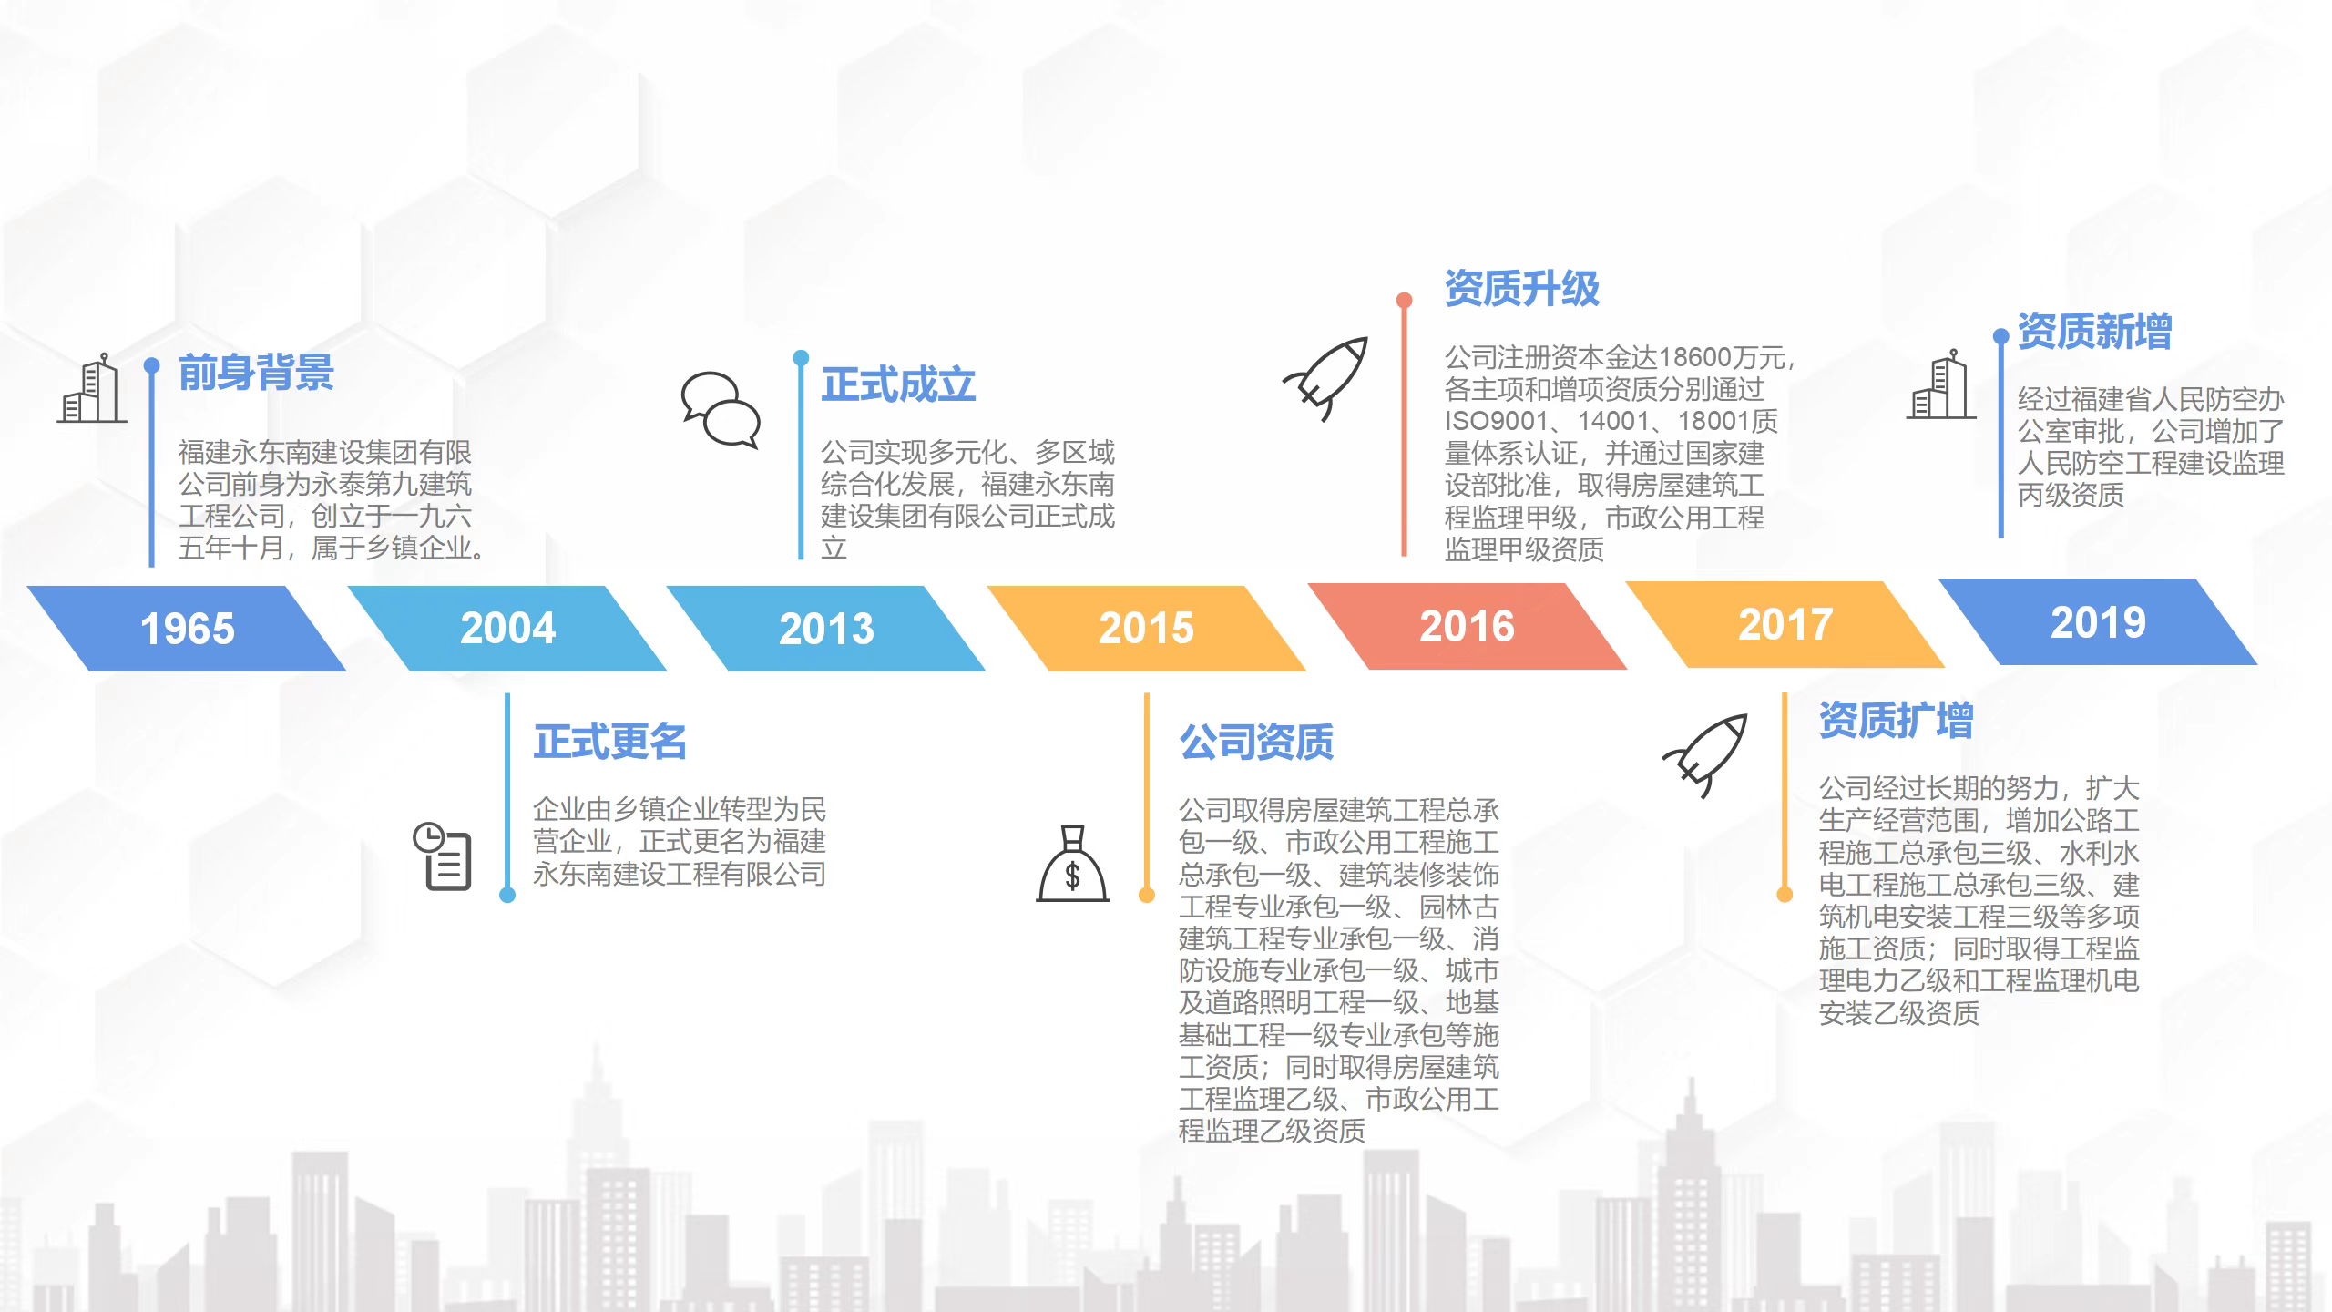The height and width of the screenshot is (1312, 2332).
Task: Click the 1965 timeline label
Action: (x=188, y=629)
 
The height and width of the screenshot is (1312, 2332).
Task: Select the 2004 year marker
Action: (x=507, y=628)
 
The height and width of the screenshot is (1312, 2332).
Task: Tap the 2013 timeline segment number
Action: (x=826, y=629)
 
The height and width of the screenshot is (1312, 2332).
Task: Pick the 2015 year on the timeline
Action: (x=1146, y=628)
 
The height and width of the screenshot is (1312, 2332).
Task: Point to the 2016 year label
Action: (x=1467, y=626)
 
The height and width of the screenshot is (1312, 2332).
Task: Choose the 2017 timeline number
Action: (x=1785, y=624)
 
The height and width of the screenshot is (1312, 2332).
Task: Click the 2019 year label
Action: (x=2098, y=622)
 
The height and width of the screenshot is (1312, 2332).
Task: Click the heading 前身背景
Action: (x=256, y=373)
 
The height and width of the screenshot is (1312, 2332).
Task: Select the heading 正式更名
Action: (x=610, y=742)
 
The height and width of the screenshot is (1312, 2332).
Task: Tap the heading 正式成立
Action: (x=898, y=384)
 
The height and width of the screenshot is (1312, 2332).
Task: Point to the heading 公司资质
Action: (x=1256, y=742)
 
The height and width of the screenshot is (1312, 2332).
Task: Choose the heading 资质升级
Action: (x=1522, y=289)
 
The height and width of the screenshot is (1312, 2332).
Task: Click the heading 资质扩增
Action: (x=1897, y=720)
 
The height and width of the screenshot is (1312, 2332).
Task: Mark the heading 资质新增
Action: (x=2095, y=331)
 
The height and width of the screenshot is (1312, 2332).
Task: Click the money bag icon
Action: (x=1073, y=864)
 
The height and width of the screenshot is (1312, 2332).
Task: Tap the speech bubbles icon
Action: (x=721, y=410)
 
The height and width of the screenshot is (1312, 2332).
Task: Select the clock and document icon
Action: (x=443, y=856)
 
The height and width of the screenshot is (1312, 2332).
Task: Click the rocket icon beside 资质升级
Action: (x=1326, y=379)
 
